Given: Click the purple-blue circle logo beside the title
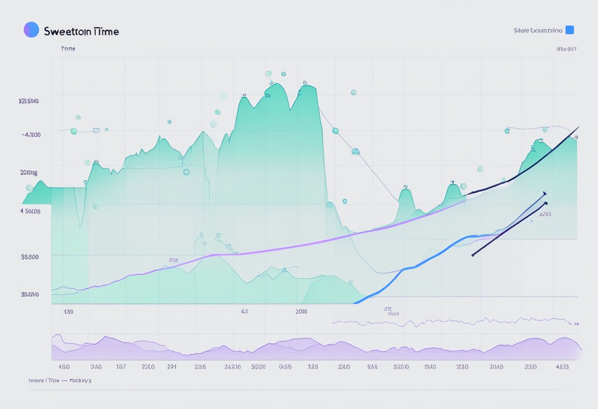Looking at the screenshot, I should [x=31, y=29].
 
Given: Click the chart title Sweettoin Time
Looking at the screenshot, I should [x=81, y=31].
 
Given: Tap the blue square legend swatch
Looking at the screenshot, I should [x=569, y=29].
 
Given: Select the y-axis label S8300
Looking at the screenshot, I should [x=30, y=256].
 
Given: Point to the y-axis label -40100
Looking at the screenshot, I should [x=30, y=134].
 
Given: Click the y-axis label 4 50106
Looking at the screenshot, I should [x=30, y=211].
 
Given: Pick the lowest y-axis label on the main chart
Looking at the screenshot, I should [x=30, y=294].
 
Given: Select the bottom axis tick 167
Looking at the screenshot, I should [x=120, y=366].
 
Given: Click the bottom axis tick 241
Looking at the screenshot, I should [x=172, y=366].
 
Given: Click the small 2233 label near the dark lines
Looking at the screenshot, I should [x=545, y=214].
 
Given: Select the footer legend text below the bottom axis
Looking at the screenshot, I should [x=60, y=380].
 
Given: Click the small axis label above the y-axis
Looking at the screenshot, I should [x=68, y=49].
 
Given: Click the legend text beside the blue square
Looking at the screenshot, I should [x=538, y=30].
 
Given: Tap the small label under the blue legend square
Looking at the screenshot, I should [x=567, y=49].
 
